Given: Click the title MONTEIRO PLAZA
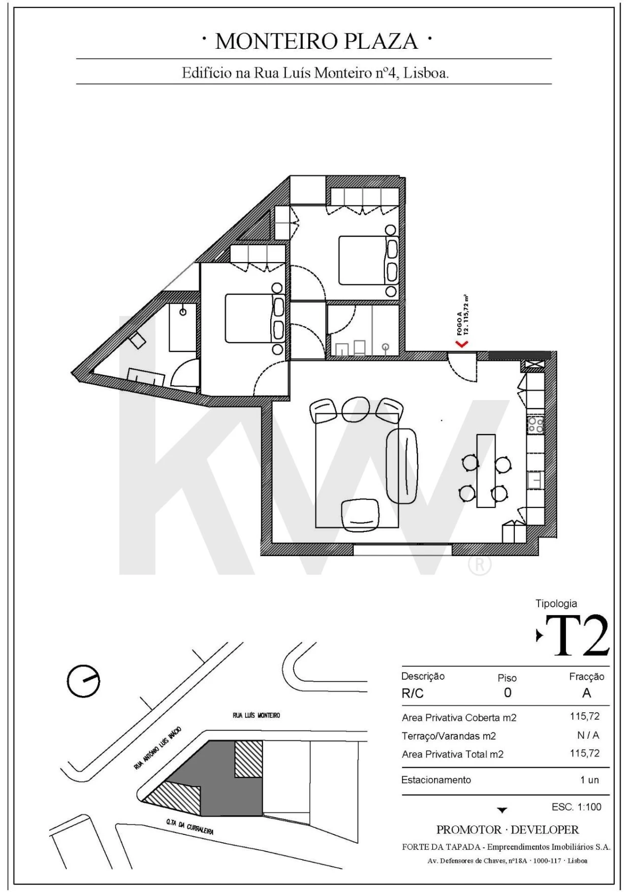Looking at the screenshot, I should [x=316, y=41].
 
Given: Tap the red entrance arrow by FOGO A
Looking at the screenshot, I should [x=462, y=343].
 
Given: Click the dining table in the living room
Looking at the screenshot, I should [x=486, y=470].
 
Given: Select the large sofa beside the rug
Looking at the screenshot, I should [x=402, y=465].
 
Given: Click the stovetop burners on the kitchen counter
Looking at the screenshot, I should [x=535, y=425].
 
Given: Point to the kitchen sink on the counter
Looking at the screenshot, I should [x=535, y=480].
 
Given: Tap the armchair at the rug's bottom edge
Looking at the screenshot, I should [x=360, y=515].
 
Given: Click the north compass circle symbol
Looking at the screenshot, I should [x=83, y=681].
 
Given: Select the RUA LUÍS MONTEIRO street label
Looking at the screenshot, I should [x=256, y=715].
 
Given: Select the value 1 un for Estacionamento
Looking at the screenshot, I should [x=589, y=780].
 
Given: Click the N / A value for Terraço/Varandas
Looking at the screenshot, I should [x=588, y=735].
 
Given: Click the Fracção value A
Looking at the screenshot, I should [x=586, y=693].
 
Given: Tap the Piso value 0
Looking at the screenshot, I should [x=507, y=693].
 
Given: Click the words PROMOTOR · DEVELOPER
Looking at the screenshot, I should [x=507, y=830].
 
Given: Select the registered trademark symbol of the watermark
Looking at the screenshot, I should [x=479, y=565].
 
